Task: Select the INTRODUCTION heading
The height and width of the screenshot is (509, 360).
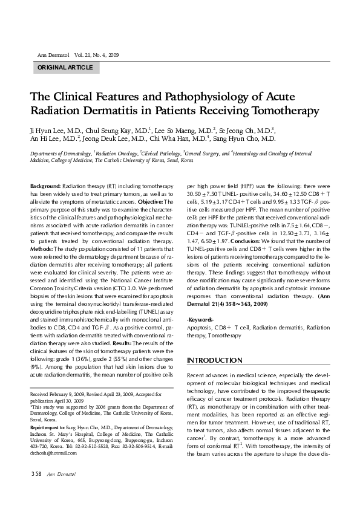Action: click(215, 360)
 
